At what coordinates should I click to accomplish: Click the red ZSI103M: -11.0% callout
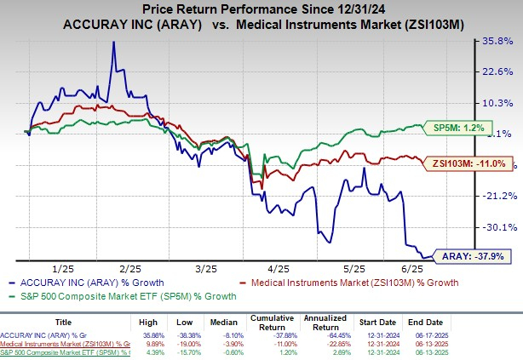468,163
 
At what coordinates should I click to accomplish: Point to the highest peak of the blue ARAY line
114,42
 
